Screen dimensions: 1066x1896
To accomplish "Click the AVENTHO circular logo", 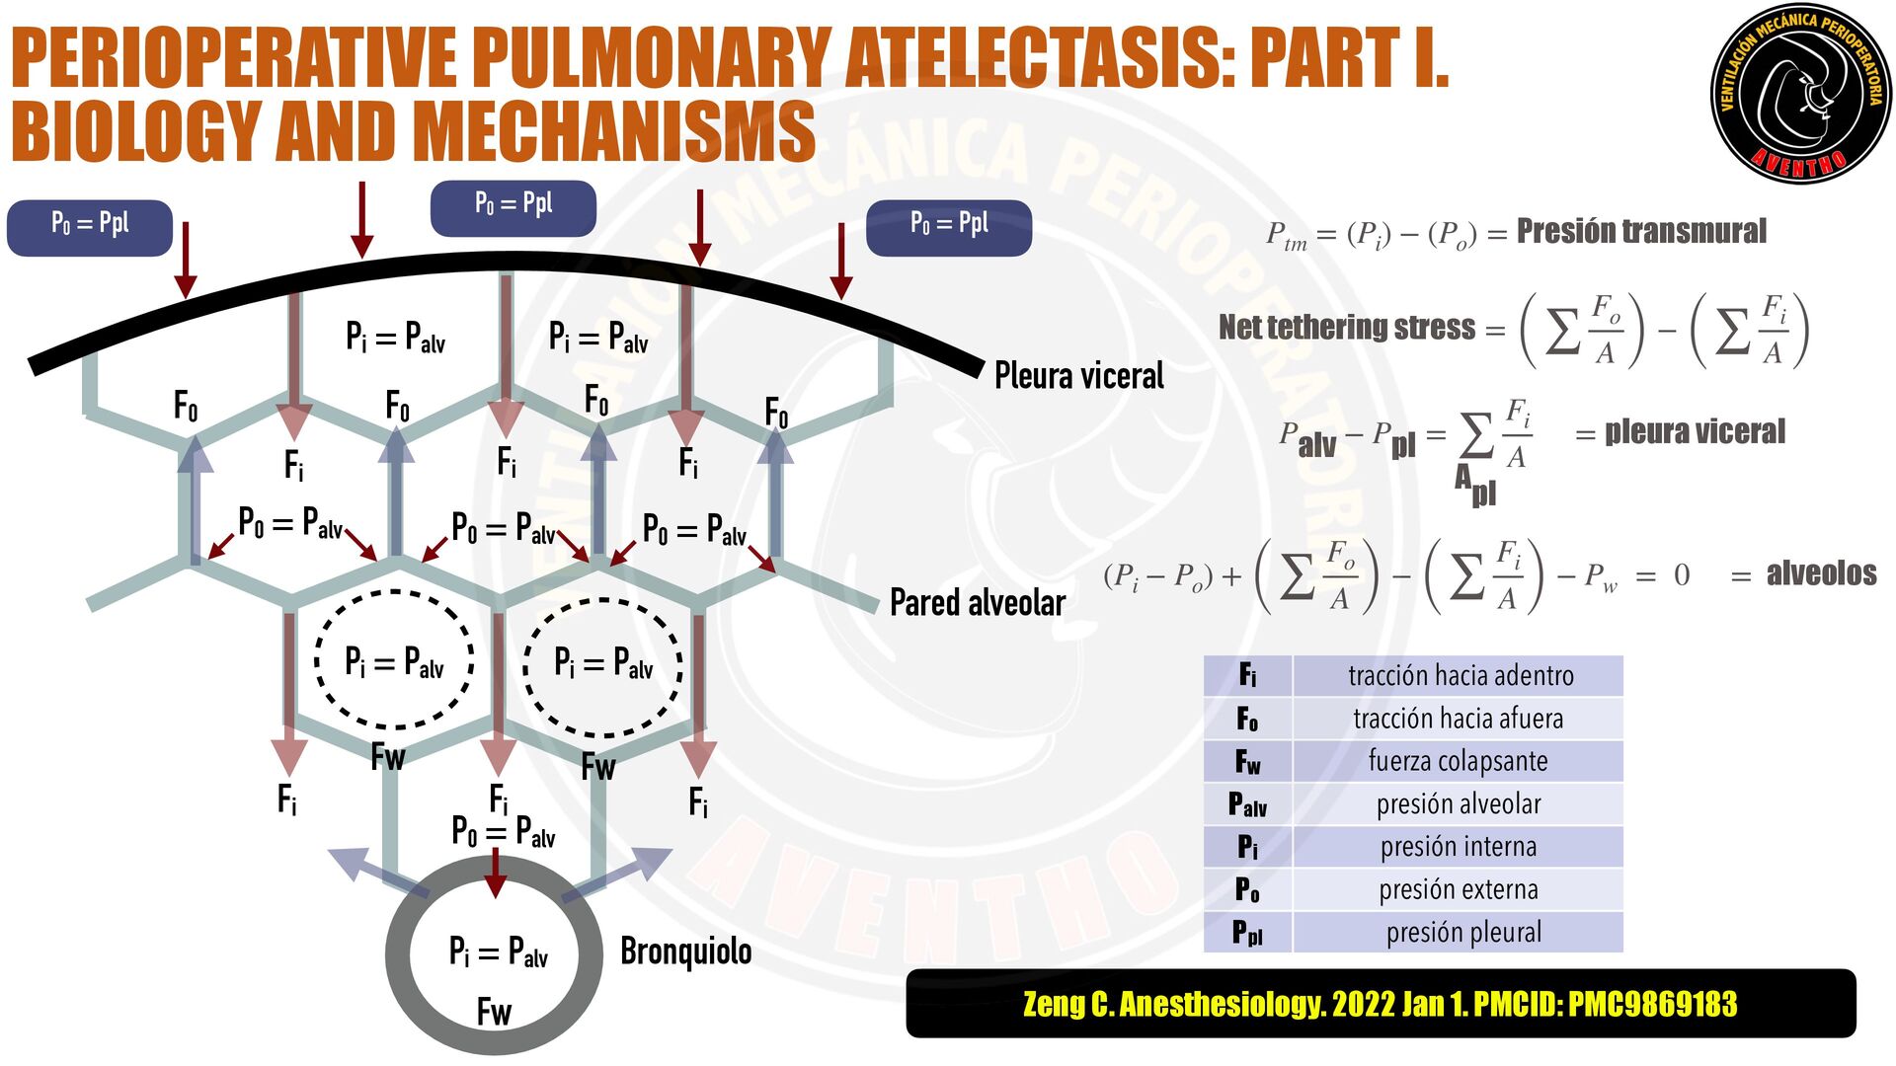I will click(1800, 94).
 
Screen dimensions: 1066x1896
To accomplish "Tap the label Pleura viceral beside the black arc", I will click(1078, 376).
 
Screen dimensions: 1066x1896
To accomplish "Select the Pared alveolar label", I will click(977, 602).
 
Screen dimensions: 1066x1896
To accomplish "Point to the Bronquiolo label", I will click(685, 952).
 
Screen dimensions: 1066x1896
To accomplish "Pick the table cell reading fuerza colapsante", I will click(1458, 761).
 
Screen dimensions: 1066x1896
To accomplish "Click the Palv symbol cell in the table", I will click(1247, 804).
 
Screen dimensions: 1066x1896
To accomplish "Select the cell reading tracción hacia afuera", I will click(1458, 718).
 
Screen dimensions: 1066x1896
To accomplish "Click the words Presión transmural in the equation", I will click(1641, 231).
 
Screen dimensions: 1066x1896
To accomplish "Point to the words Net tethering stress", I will click(1347, 327).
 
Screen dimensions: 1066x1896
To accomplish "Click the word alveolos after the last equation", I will click(1821, 573).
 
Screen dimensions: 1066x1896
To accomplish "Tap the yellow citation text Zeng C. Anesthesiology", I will click(1380, 1004).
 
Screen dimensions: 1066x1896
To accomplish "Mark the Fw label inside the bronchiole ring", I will click(494, 1012).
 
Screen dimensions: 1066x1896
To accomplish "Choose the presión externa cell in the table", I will click(1459, 889).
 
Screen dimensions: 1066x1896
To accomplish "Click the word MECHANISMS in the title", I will click(613, 131).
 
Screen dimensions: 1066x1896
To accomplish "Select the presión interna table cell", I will click(1459, 847).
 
